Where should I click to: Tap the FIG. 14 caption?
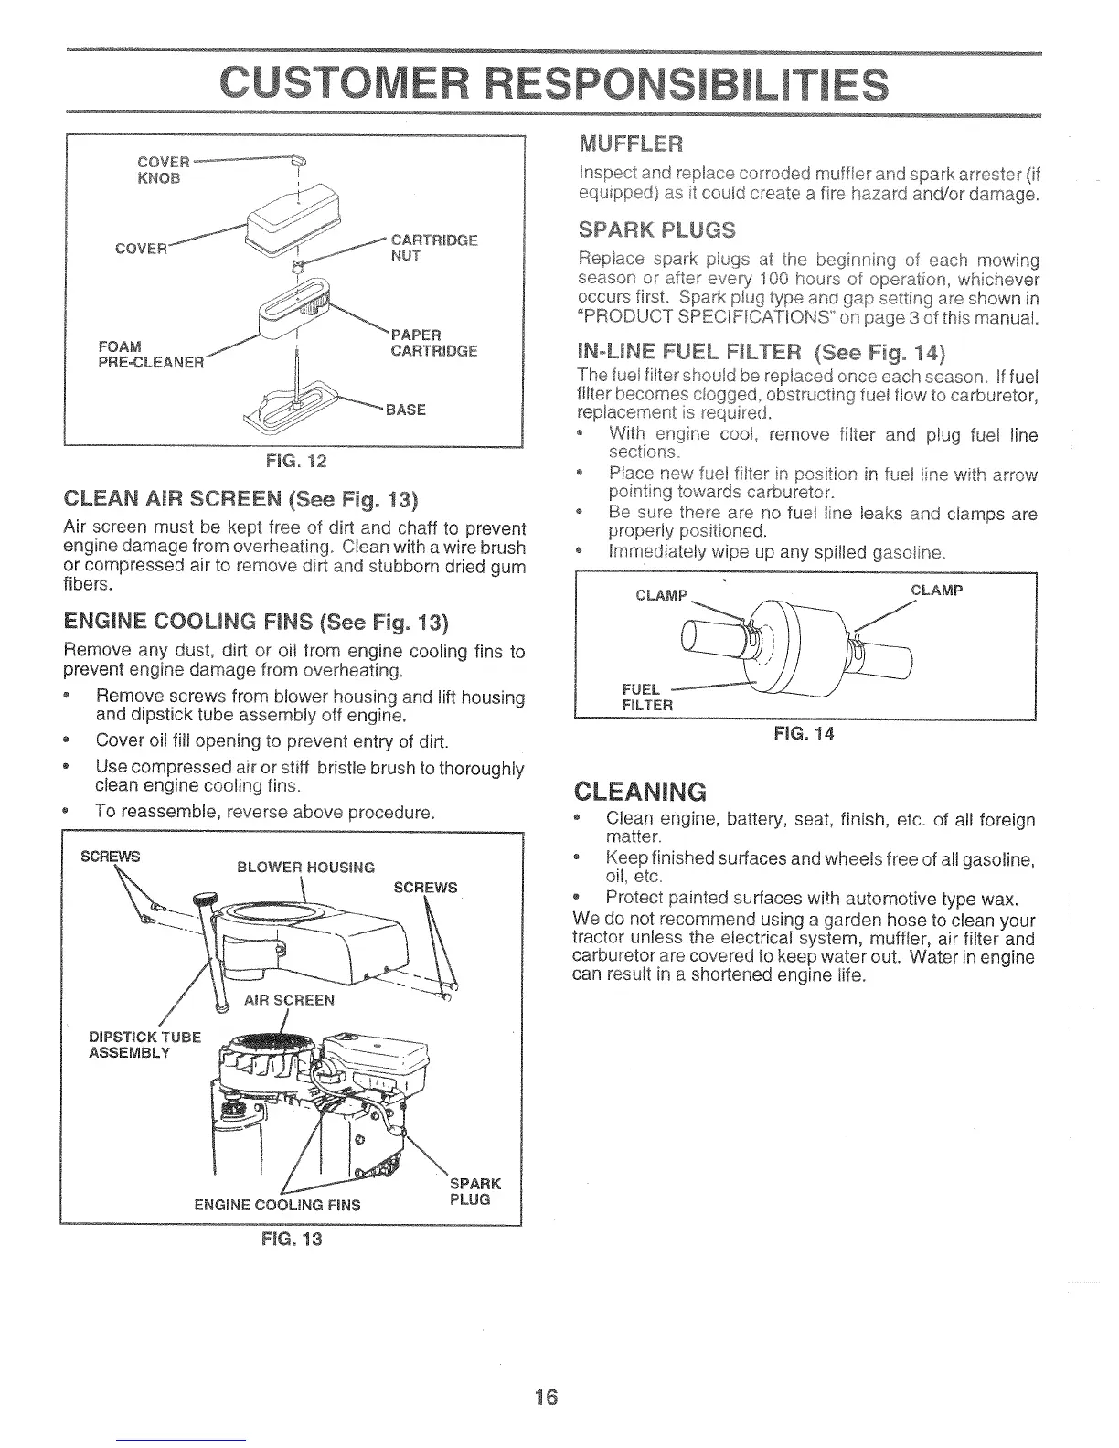804,734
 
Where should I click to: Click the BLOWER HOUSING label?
305,867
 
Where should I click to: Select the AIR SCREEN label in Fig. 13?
288,999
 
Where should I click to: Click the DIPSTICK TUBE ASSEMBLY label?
144,1044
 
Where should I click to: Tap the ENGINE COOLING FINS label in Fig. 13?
278,1205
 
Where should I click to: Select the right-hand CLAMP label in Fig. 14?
936,591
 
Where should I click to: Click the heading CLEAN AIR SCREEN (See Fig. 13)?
241,500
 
